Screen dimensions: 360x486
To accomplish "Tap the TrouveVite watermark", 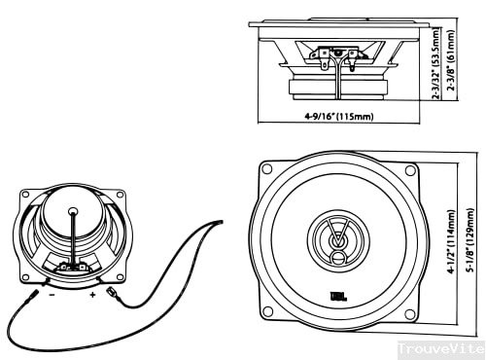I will pos(440,347).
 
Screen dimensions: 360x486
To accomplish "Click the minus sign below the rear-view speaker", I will pos(51,291).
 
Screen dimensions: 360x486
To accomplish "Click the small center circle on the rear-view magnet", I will pos(72,210).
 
